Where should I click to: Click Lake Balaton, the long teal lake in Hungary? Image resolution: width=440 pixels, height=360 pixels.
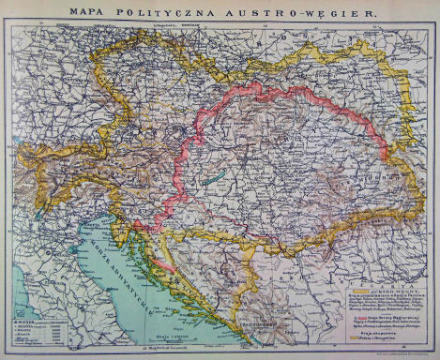215,174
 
